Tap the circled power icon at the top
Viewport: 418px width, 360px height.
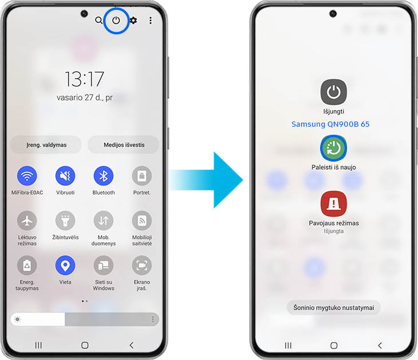click(116, 20)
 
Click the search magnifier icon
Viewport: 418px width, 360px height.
click(98, 20)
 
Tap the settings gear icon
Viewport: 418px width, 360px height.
click(133, 20)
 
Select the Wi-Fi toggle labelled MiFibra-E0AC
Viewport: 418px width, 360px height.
click(27, 175)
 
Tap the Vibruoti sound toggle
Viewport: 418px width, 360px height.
click(65, 175)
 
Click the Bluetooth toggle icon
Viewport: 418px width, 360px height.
click(104, 175)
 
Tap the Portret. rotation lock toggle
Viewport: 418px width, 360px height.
click(142, 175)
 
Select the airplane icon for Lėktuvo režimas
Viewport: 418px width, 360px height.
click(27, 221)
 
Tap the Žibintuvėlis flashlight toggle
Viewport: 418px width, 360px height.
click(65, 221)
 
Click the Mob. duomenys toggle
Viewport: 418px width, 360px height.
click(104, 221)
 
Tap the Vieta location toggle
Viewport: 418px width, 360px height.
click(65, 265)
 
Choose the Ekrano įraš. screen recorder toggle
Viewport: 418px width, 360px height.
click(142, 265)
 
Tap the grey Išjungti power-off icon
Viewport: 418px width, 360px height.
click(333, 92)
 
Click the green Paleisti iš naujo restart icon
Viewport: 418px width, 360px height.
click(333, 148)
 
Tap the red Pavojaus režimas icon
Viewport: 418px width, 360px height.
click(333, 204)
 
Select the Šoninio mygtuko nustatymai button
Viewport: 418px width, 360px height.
click(333, 307)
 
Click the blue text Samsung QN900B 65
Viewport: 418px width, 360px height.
click(330, 124)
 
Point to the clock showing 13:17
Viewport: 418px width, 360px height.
click(84, 79)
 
